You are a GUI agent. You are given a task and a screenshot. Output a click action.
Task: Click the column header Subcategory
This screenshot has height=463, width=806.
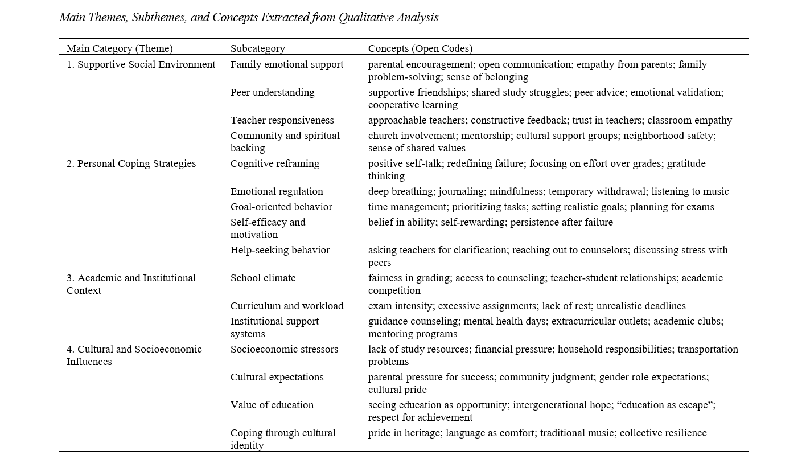pyautogui.click(x=257, y=48)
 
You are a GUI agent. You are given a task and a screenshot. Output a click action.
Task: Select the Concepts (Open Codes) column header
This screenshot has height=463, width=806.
pyautogui.click(x=420, y=48)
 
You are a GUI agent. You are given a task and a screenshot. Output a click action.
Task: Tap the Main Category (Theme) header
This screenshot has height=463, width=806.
pyautogui.click(x=120, y=48)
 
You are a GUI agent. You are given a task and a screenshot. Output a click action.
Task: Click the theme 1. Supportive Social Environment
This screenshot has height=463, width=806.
pyautogui.click(x=141, y=64)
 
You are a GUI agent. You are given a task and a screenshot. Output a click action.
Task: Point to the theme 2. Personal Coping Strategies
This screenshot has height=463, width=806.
pyautogui.click(x=131, y=163)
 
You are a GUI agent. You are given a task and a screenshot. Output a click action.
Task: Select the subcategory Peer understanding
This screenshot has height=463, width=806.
pyautogui.click(x=272, y=92)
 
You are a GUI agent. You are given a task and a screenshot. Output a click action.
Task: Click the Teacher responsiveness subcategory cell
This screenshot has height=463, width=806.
pyautogui.click(x=282, y=120)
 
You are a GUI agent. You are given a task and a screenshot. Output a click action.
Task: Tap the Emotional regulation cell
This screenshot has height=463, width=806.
pyautogui.click(x=277, y=191)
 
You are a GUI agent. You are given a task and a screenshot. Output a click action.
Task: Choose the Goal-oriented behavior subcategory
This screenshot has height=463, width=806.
pyautogui.click(x=281, y=207)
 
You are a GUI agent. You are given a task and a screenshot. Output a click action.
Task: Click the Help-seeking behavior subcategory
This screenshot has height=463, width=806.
pyautogui.click(x=280, y=250)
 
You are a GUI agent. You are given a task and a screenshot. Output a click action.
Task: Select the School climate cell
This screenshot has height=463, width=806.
pyautogui.click(x=263, y=278)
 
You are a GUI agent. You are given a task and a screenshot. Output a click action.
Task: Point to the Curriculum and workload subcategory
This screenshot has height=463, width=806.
pyautogui.click(x=287, y=306)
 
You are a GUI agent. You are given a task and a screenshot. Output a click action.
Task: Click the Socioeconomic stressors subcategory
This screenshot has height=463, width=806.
pyautogui.click(x=284, y=349)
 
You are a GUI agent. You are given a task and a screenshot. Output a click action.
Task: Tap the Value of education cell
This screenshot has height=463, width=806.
pyautogui.click(x=272, y=405)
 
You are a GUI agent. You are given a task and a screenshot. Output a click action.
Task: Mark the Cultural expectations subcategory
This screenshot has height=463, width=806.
pyautogui.click(x=277, y=377)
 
